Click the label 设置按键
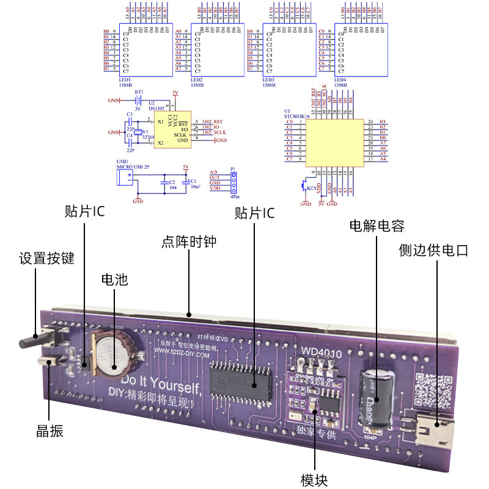(46, 258)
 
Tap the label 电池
(114, 279)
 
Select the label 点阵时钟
(189, 242)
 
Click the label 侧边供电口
(433, 249)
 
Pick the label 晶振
(50, 432)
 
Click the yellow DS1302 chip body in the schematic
(171, 130)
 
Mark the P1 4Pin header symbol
(233, 182)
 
